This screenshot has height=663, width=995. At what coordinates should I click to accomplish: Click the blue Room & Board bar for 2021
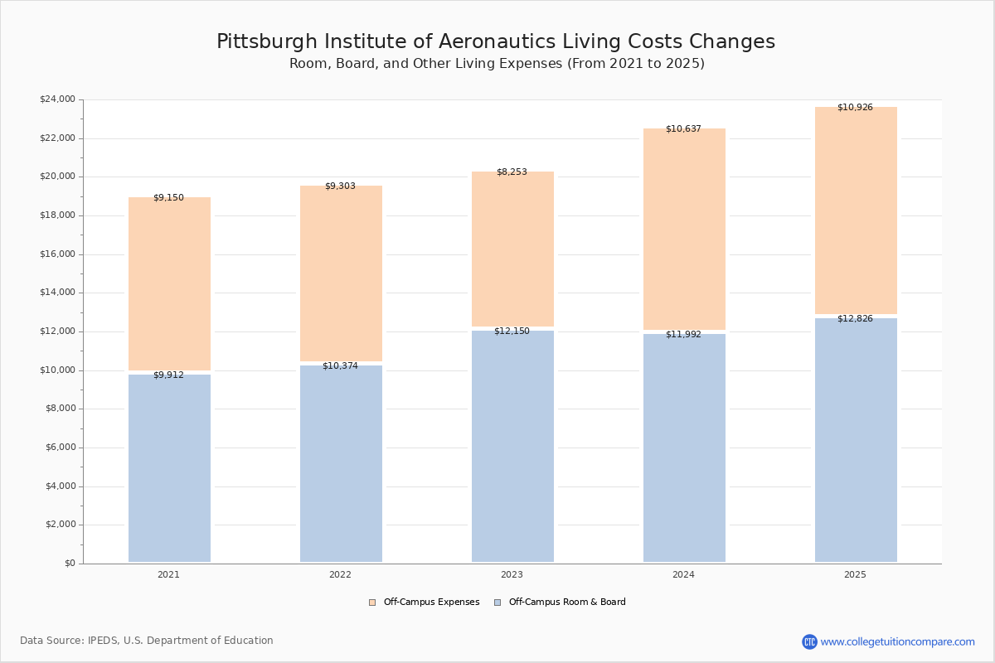pyautogui.click(x=169, y=468)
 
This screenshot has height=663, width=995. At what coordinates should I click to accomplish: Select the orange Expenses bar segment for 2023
pyautogui.click(x=512, y=249)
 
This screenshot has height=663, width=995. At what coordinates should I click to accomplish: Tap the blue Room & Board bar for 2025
pyautogui.click(x=856, y=440)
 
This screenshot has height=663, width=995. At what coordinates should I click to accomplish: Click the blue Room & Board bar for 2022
pyautogui.click(x=341, y=463)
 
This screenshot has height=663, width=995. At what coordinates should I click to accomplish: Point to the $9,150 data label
pyautogui.click(x=168, y=198)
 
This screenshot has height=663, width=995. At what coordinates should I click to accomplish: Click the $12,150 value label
pyautogui.click(x=512, y=331)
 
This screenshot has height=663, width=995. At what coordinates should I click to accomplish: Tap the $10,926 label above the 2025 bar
pyautogui.click(x=855, y=108)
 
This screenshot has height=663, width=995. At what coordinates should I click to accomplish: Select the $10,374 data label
pyautogui.click(x=340, y=366)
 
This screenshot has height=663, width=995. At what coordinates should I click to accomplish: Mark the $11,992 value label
pyautogui.click(x=683, y=335)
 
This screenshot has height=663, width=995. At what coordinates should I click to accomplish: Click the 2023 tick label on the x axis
pyautogui.click(x=512, y=575)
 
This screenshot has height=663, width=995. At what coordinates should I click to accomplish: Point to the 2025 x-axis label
pyautogui.click(x=855, y=575)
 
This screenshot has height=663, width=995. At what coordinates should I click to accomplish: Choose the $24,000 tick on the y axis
pyautogui.click(x=57, y=99)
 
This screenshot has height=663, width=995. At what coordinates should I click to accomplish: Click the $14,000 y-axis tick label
pyautogui.click(x=57, y=293)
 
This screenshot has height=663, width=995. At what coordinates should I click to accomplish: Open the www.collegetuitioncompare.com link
pyautogui.click(x=897, y=641)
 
